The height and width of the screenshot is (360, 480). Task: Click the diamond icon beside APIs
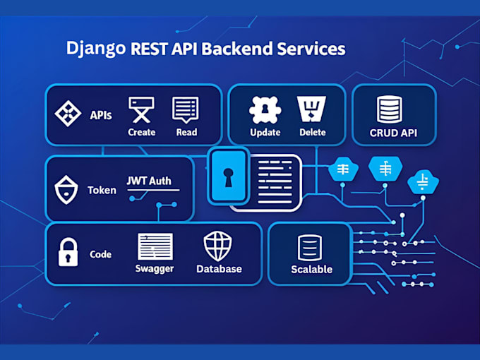68,114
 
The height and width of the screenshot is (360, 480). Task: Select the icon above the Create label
141,110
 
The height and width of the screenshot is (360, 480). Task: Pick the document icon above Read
186,110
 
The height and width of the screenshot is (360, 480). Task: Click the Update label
265,133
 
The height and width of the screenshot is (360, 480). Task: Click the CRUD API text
394,133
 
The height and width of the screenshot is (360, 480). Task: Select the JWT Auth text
153,181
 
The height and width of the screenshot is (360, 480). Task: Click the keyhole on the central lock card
228,177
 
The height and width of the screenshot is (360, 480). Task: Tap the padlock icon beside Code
67,253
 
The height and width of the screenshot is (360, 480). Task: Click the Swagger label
155,269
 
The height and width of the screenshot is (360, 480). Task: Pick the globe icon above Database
218,246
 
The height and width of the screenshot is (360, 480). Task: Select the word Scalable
311,269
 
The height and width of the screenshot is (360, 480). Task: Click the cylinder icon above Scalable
311,247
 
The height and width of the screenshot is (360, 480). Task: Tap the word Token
102,191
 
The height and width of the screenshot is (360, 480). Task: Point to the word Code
101,254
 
